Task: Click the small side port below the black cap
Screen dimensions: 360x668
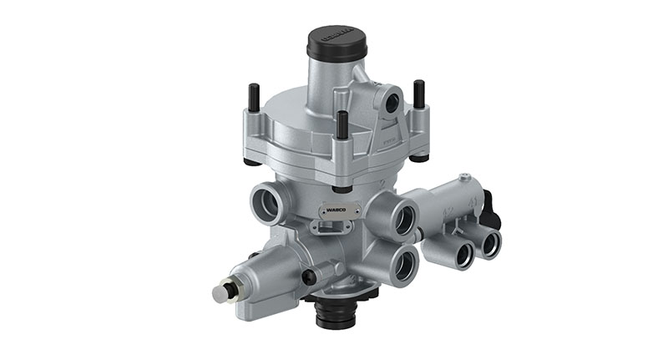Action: [x=390, y=102]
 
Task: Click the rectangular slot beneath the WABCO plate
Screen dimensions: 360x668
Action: [x=324, y=226]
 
